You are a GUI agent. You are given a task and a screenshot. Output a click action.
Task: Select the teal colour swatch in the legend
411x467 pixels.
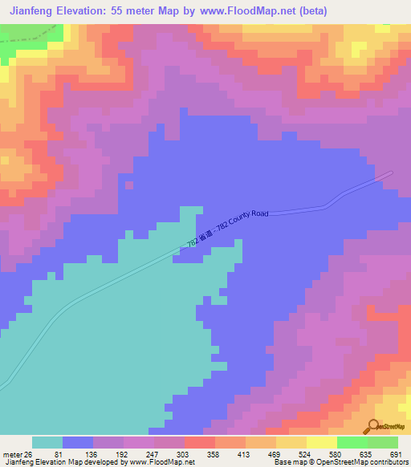point(47,442)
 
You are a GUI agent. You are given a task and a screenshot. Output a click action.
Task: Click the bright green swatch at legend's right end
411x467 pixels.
point(383,442)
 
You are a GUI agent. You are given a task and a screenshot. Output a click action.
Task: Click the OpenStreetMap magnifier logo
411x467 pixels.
point(373,427)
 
